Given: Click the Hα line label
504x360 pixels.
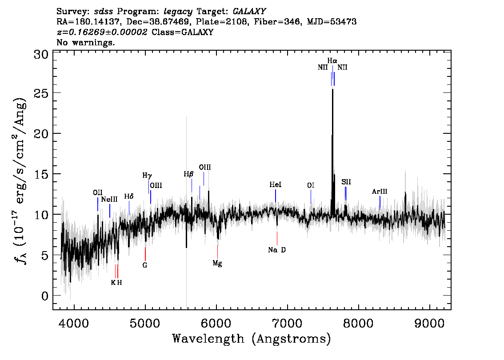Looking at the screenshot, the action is [x=332, y=60].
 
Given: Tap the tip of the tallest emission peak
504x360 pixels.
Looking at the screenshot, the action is [x=333, y=89].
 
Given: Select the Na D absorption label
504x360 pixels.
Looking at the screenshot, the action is [x=277, y=250].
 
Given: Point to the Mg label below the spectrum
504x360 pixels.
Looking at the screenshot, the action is [x=217, y=264].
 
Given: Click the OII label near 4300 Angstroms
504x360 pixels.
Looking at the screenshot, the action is [x=98, y=192].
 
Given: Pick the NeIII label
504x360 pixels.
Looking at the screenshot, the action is [x=109, y=199].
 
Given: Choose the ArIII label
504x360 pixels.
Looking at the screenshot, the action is [x=380, y=192].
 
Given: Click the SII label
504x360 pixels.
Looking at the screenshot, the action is [x=346, y=182].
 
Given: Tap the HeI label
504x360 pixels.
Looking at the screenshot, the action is [x=276, y=184].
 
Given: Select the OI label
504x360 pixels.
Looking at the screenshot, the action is [x=311, y=185].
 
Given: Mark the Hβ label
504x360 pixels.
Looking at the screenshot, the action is [x=189, y=174].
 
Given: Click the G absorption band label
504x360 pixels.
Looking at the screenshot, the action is [x=145, y=265].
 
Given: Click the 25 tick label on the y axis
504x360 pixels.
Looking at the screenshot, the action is [x=41, y=93].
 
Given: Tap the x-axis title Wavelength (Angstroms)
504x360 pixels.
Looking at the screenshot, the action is [x=252, y=339].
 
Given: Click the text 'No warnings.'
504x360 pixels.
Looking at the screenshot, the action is [x=85, y=42].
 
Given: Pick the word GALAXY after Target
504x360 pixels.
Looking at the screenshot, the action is [x=249, y=11].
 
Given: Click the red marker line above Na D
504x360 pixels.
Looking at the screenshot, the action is [x=277, y=238].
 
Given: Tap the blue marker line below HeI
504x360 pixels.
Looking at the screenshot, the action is [x=276, y=196].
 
